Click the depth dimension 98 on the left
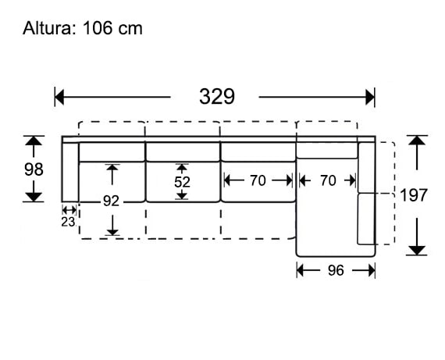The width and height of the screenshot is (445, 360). coord(33,169)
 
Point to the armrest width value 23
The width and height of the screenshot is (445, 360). coord(69,221)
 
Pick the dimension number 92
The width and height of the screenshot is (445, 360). coord(112,201)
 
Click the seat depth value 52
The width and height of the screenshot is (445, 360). coord(182,180)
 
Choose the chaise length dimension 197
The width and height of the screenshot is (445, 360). coord(413,195)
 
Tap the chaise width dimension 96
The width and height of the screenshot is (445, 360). coord(336,270)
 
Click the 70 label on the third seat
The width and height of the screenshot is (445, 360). coord(258,180)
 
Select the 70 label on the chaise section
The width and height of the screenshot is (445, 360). coord(328,180)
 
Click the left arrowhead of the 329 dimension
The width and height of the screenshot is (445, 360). coord(59,97)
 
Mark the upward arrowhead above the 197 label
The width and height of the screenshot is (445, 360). coord(418,142)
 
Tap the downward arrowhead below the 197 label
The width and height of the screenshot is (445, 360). coord(418,248)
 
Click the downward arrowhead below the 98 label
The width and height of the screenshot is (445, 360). coord(33,194)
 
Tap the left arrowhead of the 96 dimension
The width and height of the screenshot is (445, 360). coord(302,270)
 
